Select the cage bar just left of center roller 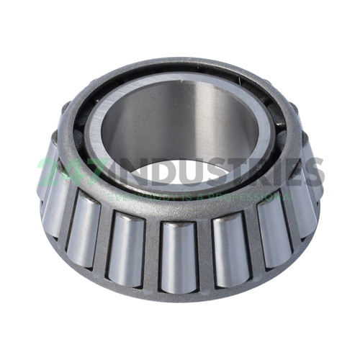[152, 248]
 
